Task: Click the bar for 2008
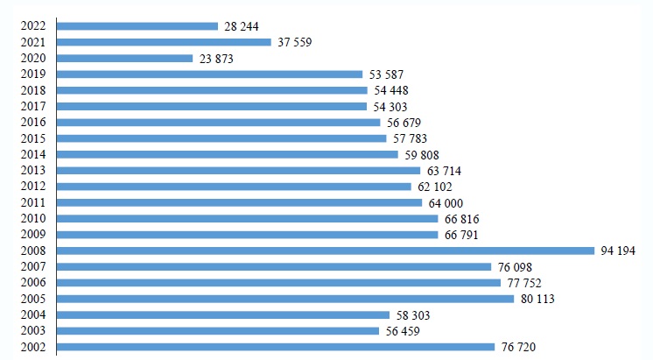click(x=325, y=251)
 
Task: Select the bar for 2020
click(x=125, y=59)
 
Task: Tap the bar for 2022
click(x=137, y=26)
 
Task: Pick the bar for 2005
click(x=285, y=299)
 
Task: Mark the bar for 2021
click(x=165, y=42)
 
